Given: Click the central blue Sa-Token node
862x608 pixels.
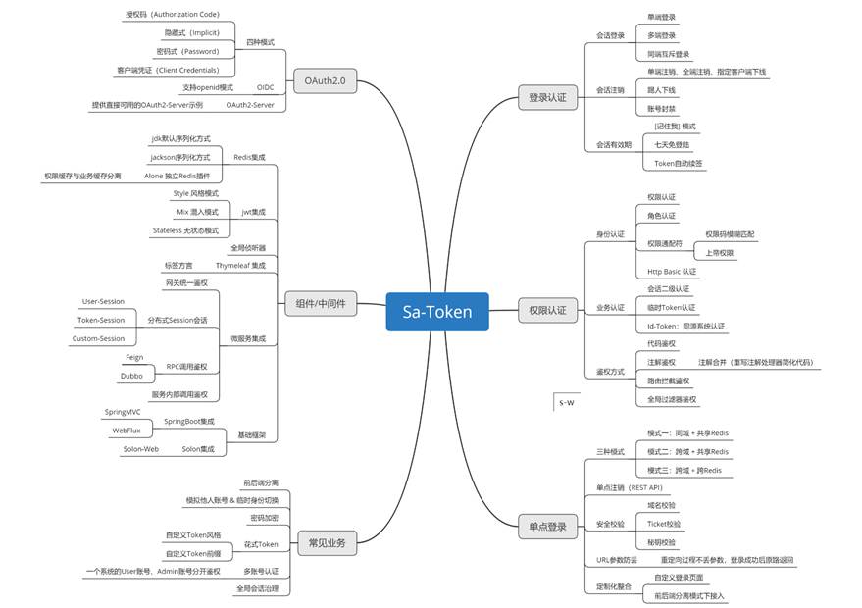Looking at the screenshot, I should (437, 312).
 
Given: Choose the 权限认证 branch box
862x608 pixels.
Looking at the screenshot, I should (547, 310).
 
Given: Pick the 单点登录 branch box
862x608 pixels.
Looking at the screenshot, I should (547, 527).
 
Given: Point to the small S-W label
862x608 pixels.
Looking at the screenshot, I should (567, 402).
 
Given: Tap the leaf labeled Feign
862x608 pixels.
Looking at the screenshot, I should (134, 358).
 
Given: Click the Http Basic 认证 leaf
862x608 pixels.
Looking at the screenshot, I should (672, 272).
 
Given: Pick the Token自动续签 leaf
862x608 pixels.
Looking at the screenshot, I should (679, 163).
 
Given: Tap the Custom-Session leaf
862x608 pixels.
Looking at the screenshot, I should (98, 338).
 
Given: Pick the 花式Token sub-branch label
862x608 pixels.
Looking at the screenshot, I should (262, 543).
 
